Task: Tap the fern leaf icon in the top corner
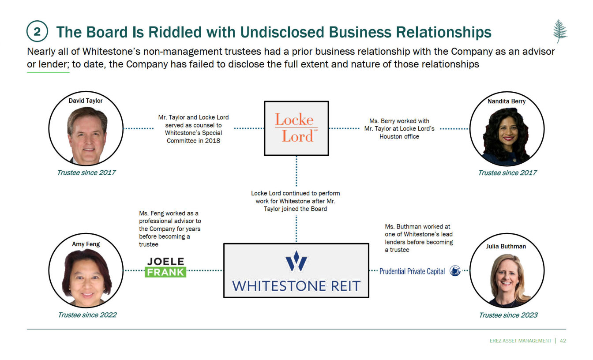tap(560, 31)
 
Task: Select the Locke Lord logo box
tap(296, 128)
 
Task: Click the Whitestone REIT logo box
tap(296, 270)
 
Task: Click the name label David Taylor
tap(86, 101)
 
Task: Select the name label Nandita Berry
tap(507, 101)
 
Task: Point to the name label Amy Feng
tap(86, 244)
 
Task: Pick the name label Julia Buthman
tap(506, 246)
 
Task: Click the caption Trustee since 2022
tap(87, 315)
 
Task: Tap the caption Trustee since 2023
tap(508, 315)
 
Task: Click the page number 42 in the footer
tap(563, 341)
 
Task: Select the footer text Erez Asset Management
tap(520, 341)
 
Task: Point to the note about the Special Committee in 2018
tap(193, 129)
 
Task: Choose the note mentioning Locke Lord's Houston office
tap(399, 129)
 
